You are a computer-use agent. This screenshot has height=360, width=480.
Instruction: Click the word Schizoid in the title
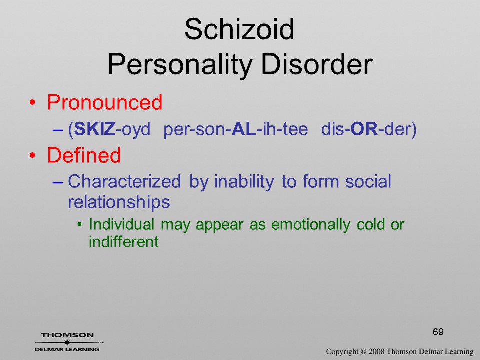tap(239, 29)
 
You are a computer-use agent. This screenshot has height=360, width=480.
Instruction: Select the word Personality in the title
tap(180, 65)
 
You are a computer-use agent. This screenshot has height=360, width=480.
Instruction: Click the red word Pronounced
tap(104, 102)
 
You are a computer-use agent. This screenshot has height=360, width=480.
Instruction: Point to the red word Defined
tap(84, 155)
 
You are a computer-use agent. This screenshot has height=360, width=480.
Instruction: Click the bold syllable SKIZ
tap(95, 129)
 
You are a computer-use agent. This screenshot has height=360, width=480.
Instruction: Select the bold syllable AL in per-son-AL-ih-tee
tap(244, 129)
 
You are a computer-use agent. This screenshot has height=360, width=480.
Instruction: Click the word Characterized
tap(124, 181)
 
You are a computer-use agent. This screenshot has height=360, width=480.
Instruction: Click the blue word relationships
tap(119, 202)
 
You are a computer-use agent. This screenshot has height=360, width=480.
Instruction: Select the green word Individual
tap(121, 224)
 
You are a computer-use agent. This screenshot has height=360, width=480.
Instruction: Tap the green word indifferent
tap(123, 241)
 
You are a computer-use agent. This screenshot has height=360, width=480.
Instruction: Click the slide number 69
tap(438, 332)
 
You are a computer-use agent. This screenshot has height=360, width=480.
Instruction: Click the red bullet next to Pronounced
tap(32, 103)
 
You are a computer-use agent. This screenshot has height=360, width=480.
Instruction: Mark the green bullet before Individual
tap(80, 225)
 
